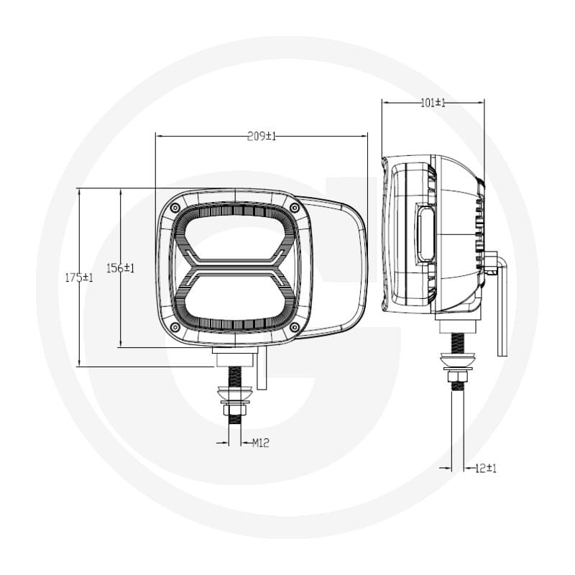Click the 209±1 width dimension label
262,137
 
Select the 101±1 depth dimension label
433,103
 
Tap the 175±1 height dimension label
79,277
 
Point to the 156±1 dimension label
121,268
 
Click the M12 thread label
261,443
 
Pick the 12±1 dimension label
486,469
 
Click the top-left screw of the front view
175,208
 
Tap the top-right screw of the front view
295,208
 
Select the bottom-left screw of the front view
175,327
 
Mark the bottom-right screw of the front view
295,327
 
